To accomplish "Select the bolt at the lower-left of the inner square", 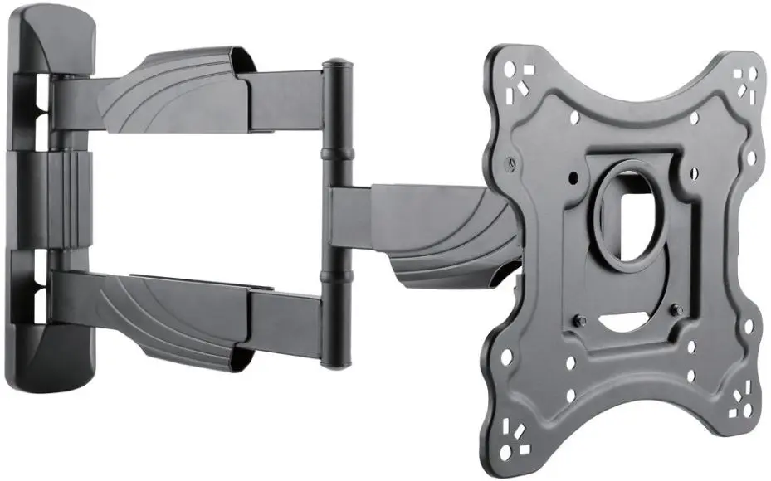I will coord(579,320).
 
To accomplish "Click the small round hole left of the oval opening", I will coord(572,177).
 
